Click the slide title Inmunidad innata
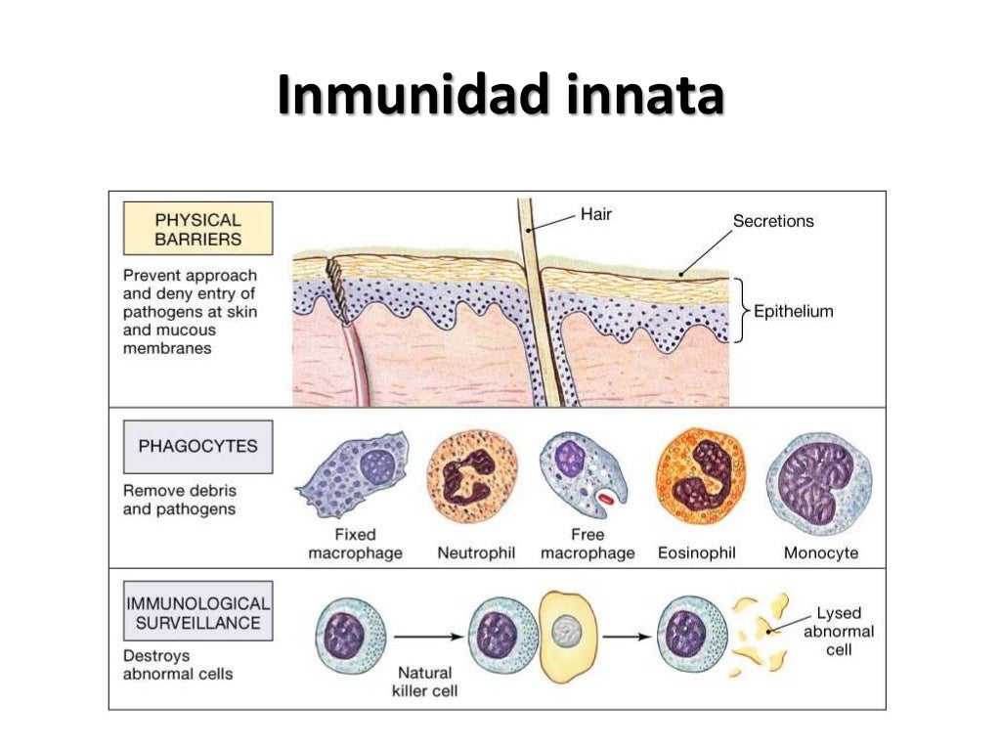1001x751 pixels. point(500,98)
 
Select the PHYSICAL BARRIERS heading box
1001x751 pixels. point(197,229)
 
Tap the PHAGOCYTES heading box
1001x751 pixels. point(197,447)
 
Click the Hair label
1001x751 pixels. point(595,213)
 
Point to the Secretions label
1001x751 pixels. point(772,221)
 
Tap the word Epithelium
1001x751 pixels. point(793,312)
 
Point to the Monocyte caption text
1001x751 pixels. point(821,553)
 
